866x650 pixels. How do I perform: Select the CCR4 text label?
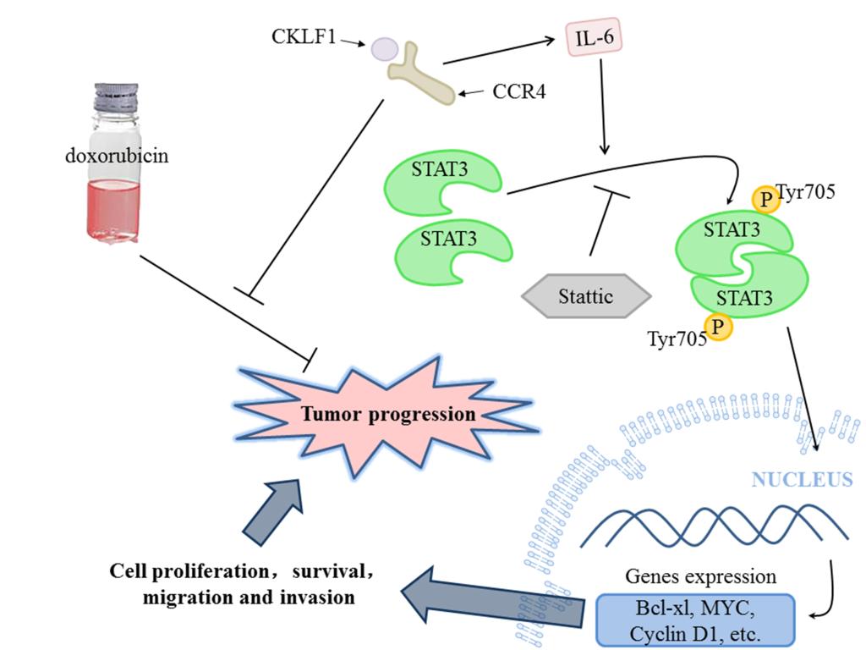point(517,90)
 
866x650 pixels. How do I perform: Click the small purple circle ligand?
point(384,47)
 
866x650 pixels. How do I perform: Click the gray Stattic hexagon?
point(587,297)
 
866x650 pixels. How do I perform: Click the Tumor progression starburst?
point(389,415)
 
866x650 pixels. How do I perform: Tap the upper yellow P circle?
point(765,199)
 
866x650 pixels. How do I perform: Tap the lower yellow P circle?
point(720,326)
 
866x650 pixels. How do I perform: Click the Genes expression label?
point(700,577)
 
